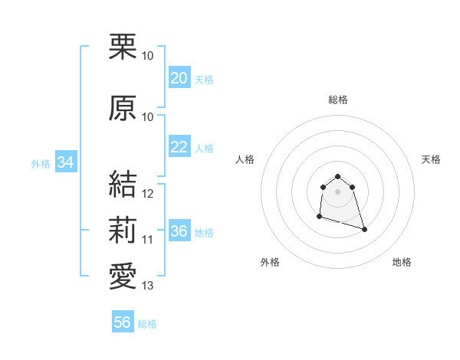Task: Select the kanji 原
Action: coord(123,108)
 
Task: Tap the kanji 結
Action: coord(123,185)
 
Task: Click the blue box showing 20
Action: coord(179,78)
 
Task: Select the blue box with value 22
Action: coord(179,147)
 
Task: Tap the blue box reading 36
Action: coord(179,232)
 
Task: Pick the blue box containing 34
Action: coord(65,162)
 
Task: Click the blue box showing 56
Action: coord(122,322)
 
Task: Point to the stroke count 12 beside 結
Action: coord(148,194)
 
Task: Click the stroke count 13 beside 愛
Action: coord(148,286)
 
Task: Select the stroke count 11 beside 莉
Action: coord(148,240)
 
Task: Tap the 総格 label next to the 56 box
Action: coord(147,324)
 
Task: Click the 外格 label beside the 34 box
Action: coord(41,163)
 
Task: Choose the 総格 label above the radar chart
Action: coord(338,100)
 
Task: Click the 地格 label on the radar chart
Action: coord(402,263)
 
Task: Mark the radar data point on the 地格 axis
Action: coord(364,229)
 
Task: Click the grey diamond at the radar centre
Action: coord(337,191)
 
